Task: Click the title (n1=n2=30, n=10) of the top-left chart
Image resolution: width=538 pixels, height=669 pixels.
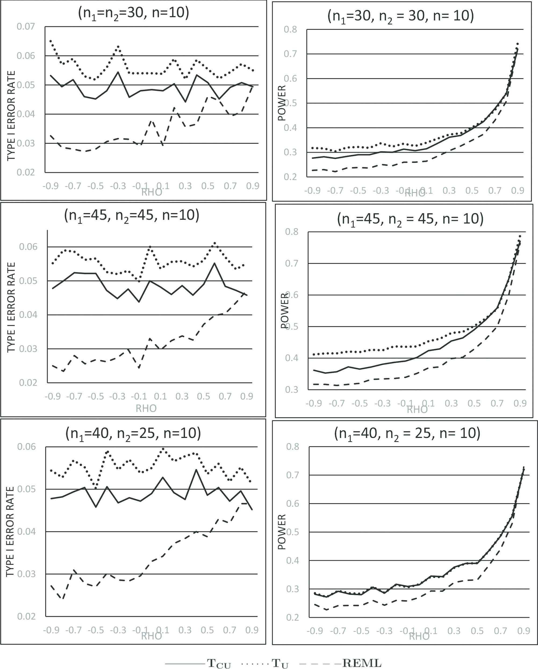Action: [134, 13]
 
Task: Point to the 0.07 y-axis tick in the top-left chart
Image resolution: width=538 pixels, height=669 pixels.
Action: [26, 27]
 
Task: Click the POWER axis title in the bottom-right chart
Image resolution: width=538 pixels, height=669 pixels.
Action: [282, 532]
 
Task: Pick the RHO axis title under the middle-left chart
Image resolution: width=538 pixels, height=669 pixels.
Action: [146, 408]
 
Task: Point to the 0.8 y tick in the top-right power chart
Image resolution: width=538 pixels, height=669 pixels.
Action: [290, 30]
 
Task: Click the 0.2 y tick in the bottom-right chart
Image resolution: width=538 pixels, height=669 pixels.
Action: [292, 617]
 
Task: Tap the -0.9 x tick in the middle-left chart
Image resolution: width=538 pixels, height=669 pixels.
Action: [52, 396]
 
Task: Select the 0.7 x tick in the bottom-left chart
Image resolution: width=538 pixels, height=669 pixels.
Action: [229, 630]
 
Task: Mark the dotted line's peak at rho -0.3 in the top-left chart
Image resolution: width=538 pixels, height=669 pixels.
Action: [118, 46]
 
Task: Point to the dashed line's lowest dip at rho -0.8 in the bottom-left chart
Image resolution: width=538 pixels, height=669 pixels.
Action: [63, 599]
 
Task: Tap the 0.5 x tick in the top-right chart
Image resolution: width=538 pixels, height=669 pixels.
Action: [472, 190]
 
